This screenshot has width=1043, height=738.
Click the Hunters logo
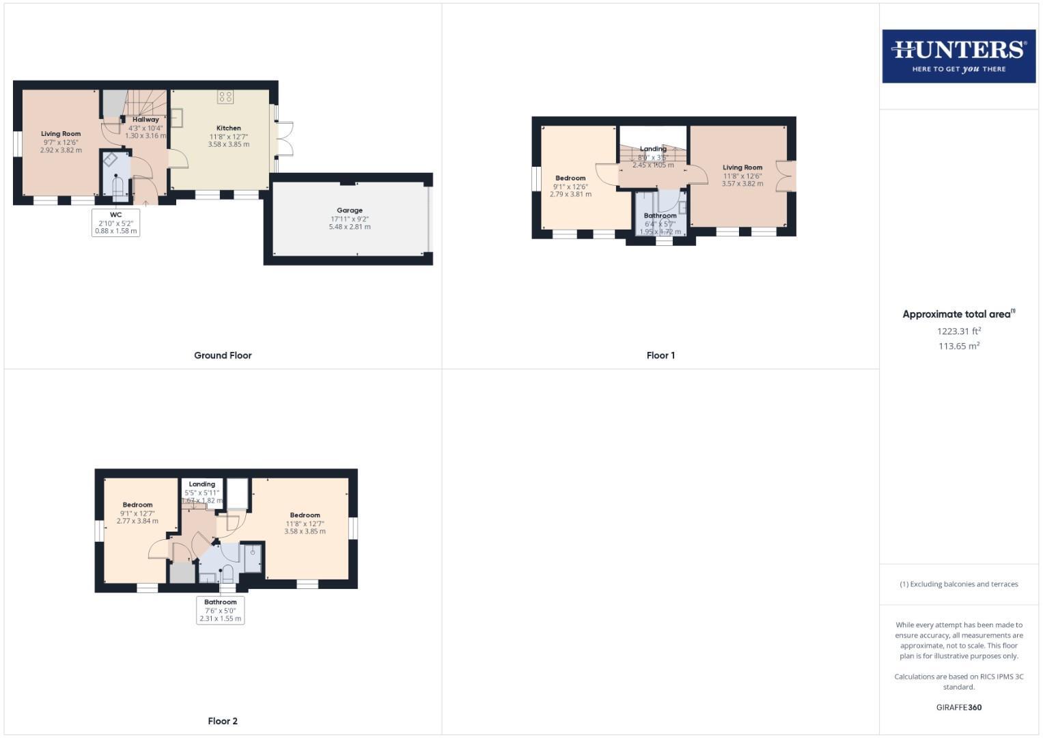coord(958,56)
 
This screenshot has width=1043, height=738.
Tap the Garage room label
coord(349,210)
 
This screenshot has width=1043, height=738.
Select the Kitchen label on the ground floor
coord(228,128)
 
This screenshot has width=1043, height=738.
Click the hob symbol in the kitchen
coord(225,96)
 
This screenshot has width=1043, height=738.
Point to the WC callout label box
coord(115,223)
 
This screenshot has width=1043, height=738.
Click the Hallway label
coord(145,120)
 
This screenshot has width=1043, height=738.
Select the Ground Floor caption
coord(223,355)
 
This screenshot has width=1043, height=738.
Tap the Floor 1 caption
coord(660,355)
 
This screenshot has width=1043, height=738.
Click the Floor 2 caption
coord(223,721)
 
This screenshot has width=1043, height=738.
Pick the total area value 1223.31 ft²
coord(958,331)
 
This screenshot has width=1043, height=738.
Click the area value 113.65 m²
coord(958,346)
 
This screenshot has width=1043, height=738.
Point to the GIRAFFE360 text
coord(958,707)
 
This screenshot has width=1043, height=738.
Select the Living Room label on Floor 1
coord(742,167)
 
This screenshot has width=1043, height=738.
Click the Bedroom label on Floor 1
coord(570,178)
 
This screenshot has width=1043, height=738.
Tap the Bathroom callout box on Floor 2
coord(220,610)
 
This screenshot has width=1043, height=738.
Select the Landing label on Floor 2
coord(201,484)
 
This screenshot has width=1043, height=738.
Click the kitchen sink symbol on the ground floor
coord(177,118)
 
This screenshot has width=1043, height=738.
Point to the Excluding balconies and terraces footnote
coord(958,584)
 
